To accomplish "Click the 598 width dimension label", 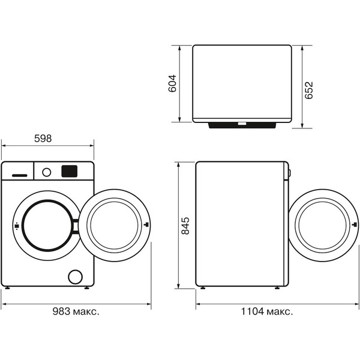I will point(43,138).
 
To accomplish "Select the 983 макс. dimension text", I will point(74,311).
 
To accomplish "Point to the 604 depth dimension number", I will point(172,83).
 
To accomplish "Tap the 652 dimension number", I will point(309,89).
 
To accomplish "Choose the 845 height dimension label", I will point(185,226).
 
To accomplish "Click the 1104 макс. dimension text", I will point(267,311).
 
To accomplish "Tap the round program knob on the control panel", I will point(46,172).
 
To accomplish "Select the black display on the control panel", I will point(69,171).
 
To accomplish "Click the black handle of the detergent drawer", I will point(17,175).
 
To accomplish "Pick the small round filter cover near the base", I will point(75,276).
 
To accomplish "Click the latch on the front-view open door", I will point(146,226).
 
